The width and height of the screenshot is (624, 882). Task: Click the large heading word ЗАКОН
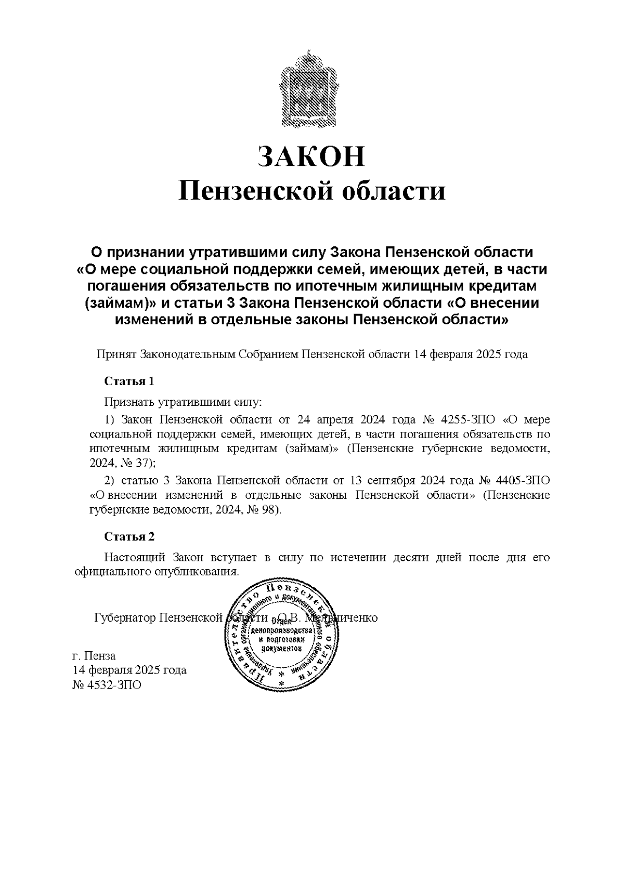[312, 155]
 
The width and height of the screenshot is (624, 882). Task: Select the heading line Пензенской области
[312, 191]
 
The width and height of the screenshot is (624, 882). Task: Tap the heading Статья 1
[129, 381]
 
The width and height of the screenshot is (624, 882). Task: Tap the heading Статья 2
[129, 536]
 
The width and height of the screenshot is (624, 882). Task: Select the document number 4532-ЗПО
[113, 685]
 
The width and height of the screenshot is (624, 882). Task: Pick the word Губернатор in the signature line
[125, 618]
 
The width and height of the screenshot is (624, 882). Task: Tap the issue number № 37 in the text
[137, 462]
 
